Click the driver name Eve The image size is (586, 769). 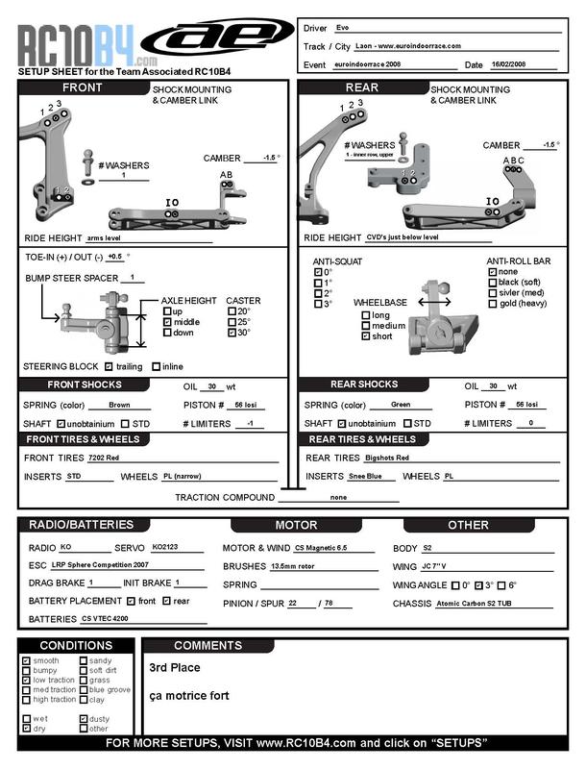coord(343,28)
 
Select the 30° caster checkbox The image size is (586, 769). coord(232,334)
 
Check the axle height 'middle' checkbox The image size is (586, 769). coord(167,322)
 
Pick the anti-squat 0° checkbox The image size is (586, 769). coord(318,272)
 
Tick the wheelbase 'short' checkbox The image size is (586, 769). coord(364,336)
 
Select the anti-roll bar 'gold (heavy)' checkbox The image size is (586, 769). coord(493,304)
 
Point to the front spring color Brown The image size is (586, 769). coord(119,406)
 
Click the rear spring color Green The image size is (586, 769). coord(402,405)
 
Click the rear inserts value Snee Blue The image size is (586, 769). coord(366,476)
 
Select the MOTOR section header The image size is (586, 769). coord(296,526)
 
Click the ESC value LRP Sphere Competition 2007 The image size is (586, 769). coord(102,565)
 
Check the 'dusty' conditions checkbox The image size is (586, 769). coord(84,719)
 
